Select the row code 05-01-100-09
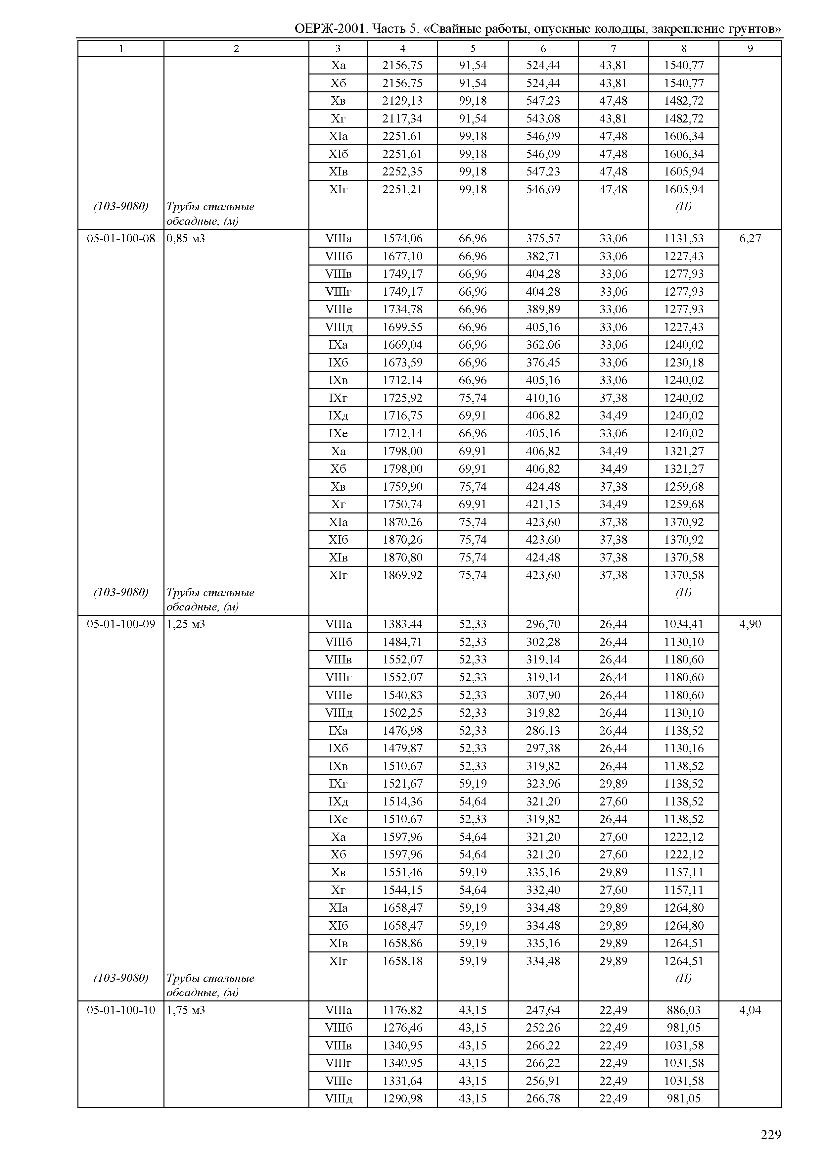point(121,624)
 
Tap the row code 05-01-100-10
point(121,1010)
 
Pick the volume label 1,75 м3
point(186,1010)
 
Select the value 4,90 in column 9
point(750,624)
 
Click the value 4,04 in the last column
point(750,1010)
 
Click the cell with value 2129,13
point(402,101)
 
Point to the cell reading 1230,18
point(683,363)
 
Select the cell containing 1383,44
point(402,624)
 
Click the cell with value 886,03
point(683,1010)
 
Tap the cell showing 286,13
point(543,731)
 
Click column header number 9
point(750,49)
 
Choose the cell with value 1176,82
point(402,1010)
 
